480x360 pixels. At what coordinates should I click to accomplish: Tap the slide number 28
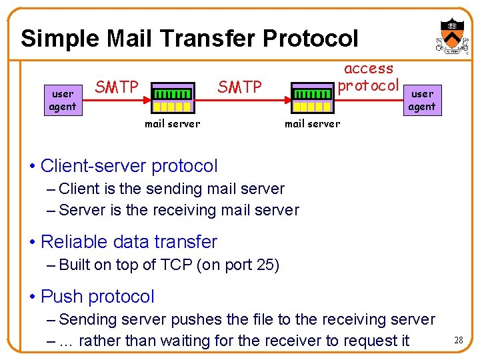pos(458,341)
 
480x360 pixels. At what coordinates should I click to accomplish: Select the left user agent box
pos(63,100)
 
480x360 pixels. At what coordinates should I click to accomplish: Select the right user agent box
pos(422,100)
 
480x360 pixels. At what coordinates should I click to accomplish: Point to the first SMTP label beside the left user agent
pos(117,87)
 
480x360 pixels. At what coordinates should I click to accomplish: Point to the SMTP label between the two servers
pos(240,87)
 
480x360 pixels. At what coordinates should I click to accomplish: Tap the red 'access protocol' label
pos(369,77)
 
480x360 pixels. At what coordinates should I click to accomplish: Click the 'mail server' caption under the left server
pos(173,123)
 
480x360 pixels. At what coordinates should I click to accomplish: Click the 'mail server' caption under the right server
pos(313,123)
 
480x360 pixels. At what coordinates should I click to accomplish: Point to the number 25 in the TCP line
pos(265,265)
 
